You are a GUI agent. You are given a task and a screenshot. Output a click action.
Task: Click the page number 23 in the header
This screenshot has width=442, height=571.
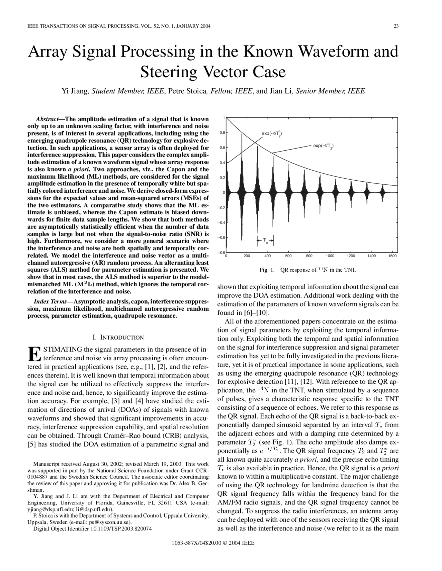[396, 26]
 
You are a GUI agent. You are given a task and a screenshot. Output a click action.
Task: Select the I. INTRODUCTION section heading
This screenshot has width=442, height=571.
[118, 337]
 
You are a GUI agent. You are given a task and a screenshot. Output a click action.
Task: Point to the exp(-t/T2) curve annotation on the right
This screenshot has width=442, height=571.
[323, 146]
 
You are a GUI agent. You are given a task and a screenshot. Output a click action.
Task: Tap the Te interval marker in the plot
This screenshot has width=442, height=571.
[265, 240]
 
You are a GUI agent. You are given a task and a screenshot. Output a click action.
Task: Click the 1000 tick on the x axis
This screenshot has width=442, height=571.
[330, 256]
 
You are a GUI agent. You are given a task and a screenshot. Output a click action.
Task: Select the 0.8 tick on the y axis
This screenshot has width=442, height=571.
[222, 132]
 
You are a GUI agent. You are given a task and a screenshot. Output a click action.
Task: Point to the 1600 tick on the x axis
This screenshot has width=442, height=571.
[392, 256]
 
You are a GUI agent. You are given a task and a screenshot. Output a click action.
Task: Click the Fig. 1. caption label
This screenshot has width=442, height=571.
[267, 270]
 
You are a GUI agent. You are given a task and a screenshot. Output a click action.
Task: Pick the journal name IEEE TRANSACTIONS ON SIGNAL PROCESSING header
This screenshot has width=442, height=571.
[81, 26]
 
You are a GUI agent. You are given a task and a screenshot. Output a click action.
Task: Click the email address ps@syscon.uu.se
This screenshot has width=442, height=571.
[107, 522]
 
